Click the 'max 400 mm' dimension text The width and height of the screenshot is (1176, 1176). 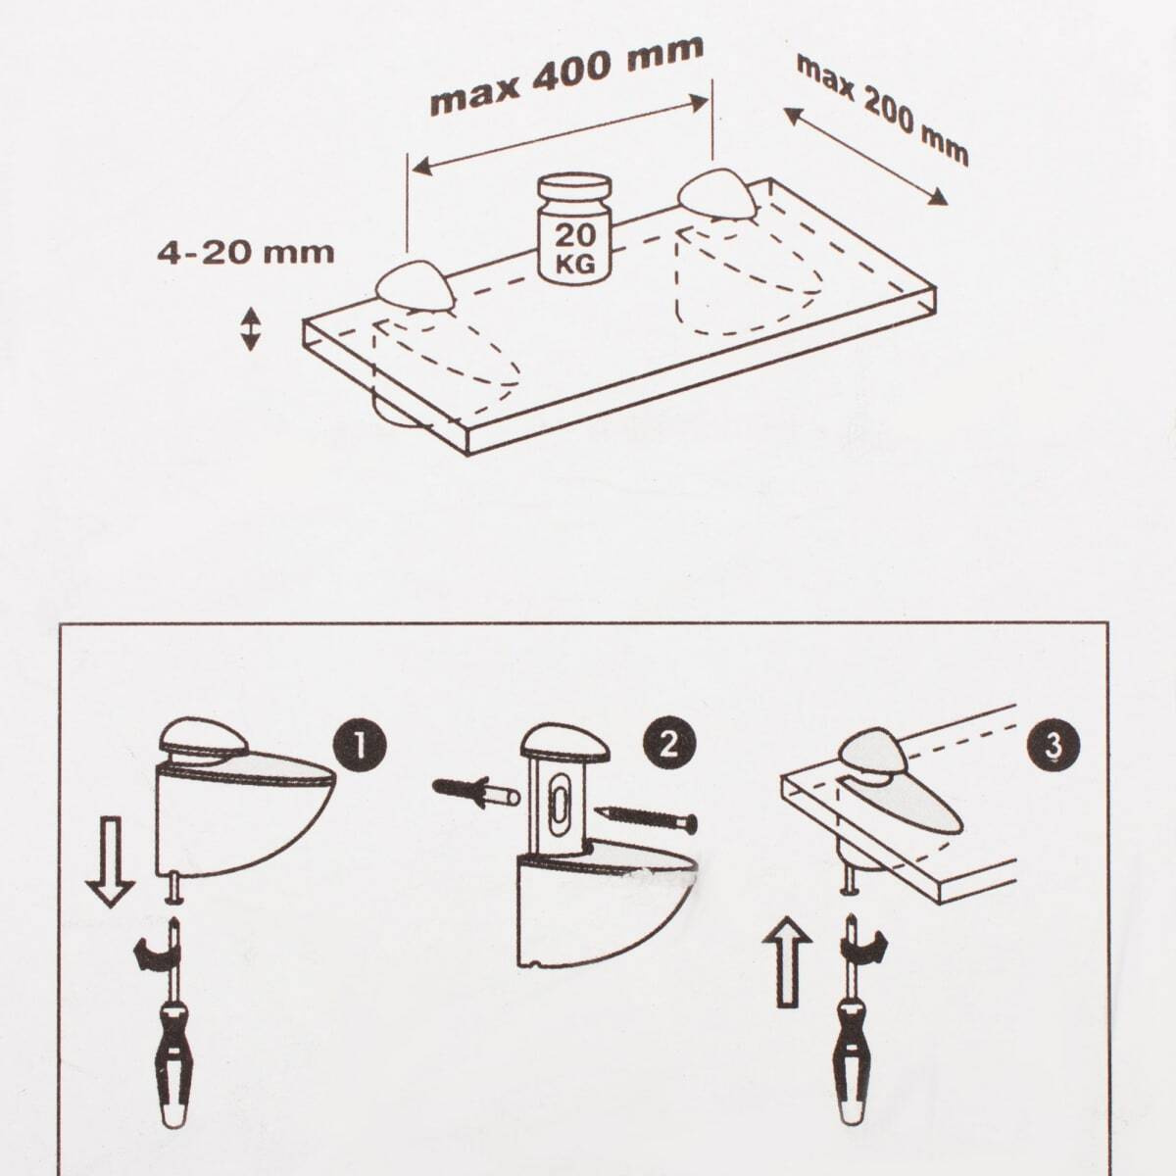566,75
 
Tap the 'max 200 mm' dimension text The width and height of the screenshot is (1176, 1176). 882,110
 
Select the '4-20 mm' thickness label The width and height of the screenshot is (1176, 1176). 246,253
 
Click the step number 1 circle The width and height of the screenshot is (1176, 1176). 360,746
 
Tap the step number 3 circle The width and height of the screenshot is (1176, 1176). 1053,747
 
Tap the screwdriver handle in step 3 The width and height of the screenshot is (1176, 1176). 852,1045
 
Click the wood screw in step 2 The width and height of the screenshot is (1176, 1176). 646,818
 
